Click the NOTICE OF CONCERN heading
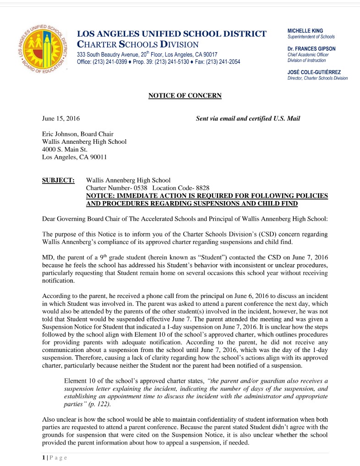coord(185,96)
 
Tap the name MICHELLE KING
coord(305,31)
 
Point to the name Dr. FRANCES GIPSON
coord(311,49)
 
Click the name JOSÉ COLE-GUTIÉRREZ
coord(314,72)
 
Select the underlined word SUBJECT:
coord(58,180)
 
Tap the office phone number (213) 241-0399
coord(112,62)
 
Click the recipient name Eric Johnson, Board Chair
coord(78,134)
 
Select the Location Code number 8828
coord(202,188)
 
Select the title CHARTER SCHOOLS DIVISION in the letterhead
coord(138,44)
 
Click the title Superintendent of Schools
coord(311,37)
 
